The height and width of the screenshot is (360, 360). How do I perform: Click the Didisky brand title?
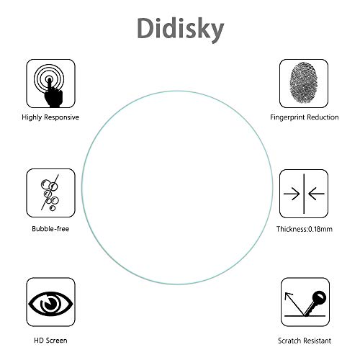[x=181, y=30]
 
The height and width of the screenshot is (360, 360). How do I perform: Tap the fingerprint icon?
[x=304, y=83]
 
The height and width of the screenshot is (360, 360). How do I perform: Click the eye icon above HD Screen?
[x=50, y=304]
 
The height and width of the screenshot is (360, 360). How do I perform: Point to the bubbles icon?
[x=50, y=193]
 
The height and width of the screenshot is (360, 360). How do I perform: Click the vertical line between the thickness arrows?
[x=304, y=194]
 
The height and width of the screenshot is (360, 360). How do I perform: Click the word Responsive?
[x=62, y=117]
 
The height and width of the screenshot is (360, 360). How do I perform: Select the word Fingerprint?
[x=287, y=117]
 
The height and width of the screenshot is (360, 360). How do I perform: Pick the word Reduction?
[x=323, y=117]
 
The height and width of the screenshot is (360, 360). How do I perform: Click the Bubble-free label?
[x=50, y=229]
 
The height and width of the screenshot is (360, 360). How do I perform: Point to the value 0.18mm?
[x=320, y=229]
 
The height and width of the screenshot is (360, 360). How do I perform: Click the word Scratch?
[x=289, y=341]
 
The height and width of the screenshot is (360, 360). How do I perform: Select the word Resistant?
[x=316, y=341]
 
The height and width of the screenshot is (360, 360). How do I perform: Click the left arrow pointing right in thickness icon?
[x=292, y=194]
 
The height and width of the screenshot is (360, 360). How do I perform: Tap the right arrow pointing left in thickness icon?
[x=316, y=194]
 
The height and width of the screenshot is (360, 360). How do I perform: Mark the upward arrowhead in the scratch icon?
[x=288, y=296]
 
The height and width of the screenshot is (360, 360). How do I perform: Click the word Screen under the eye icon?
[x=56, y=341]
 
